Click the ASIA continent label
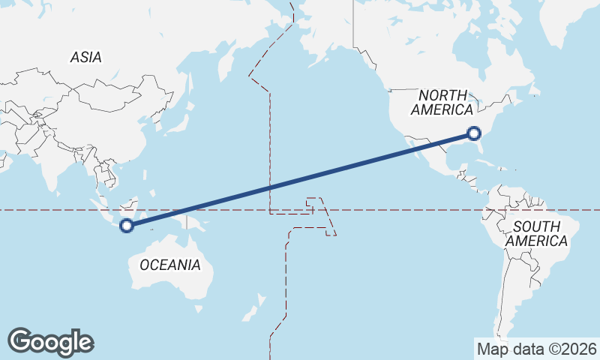[86, 57]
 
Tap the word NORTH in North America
[442, 95]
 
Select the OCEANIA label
[170, 265]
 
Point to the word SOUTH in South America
[536, 227]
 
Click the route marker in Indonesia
[127, 224]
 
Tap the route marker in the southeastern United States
[473, 133]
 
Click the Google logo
[50, 342]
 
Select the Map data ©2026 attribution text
[536, 349]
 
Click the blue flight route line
[300, 179]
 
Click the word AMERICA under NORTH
[442, 109]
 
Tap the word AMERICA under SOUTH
[536, 241]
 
